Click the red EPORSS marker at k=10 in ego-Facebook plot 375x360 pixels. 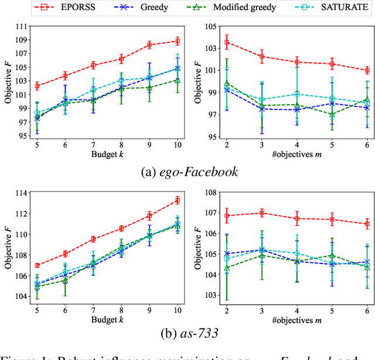point(177,41)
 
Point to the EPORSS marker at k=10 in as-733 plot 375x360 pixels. point(177,200)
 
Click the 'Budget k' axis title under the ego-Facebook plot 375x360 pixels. point(107,155)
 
